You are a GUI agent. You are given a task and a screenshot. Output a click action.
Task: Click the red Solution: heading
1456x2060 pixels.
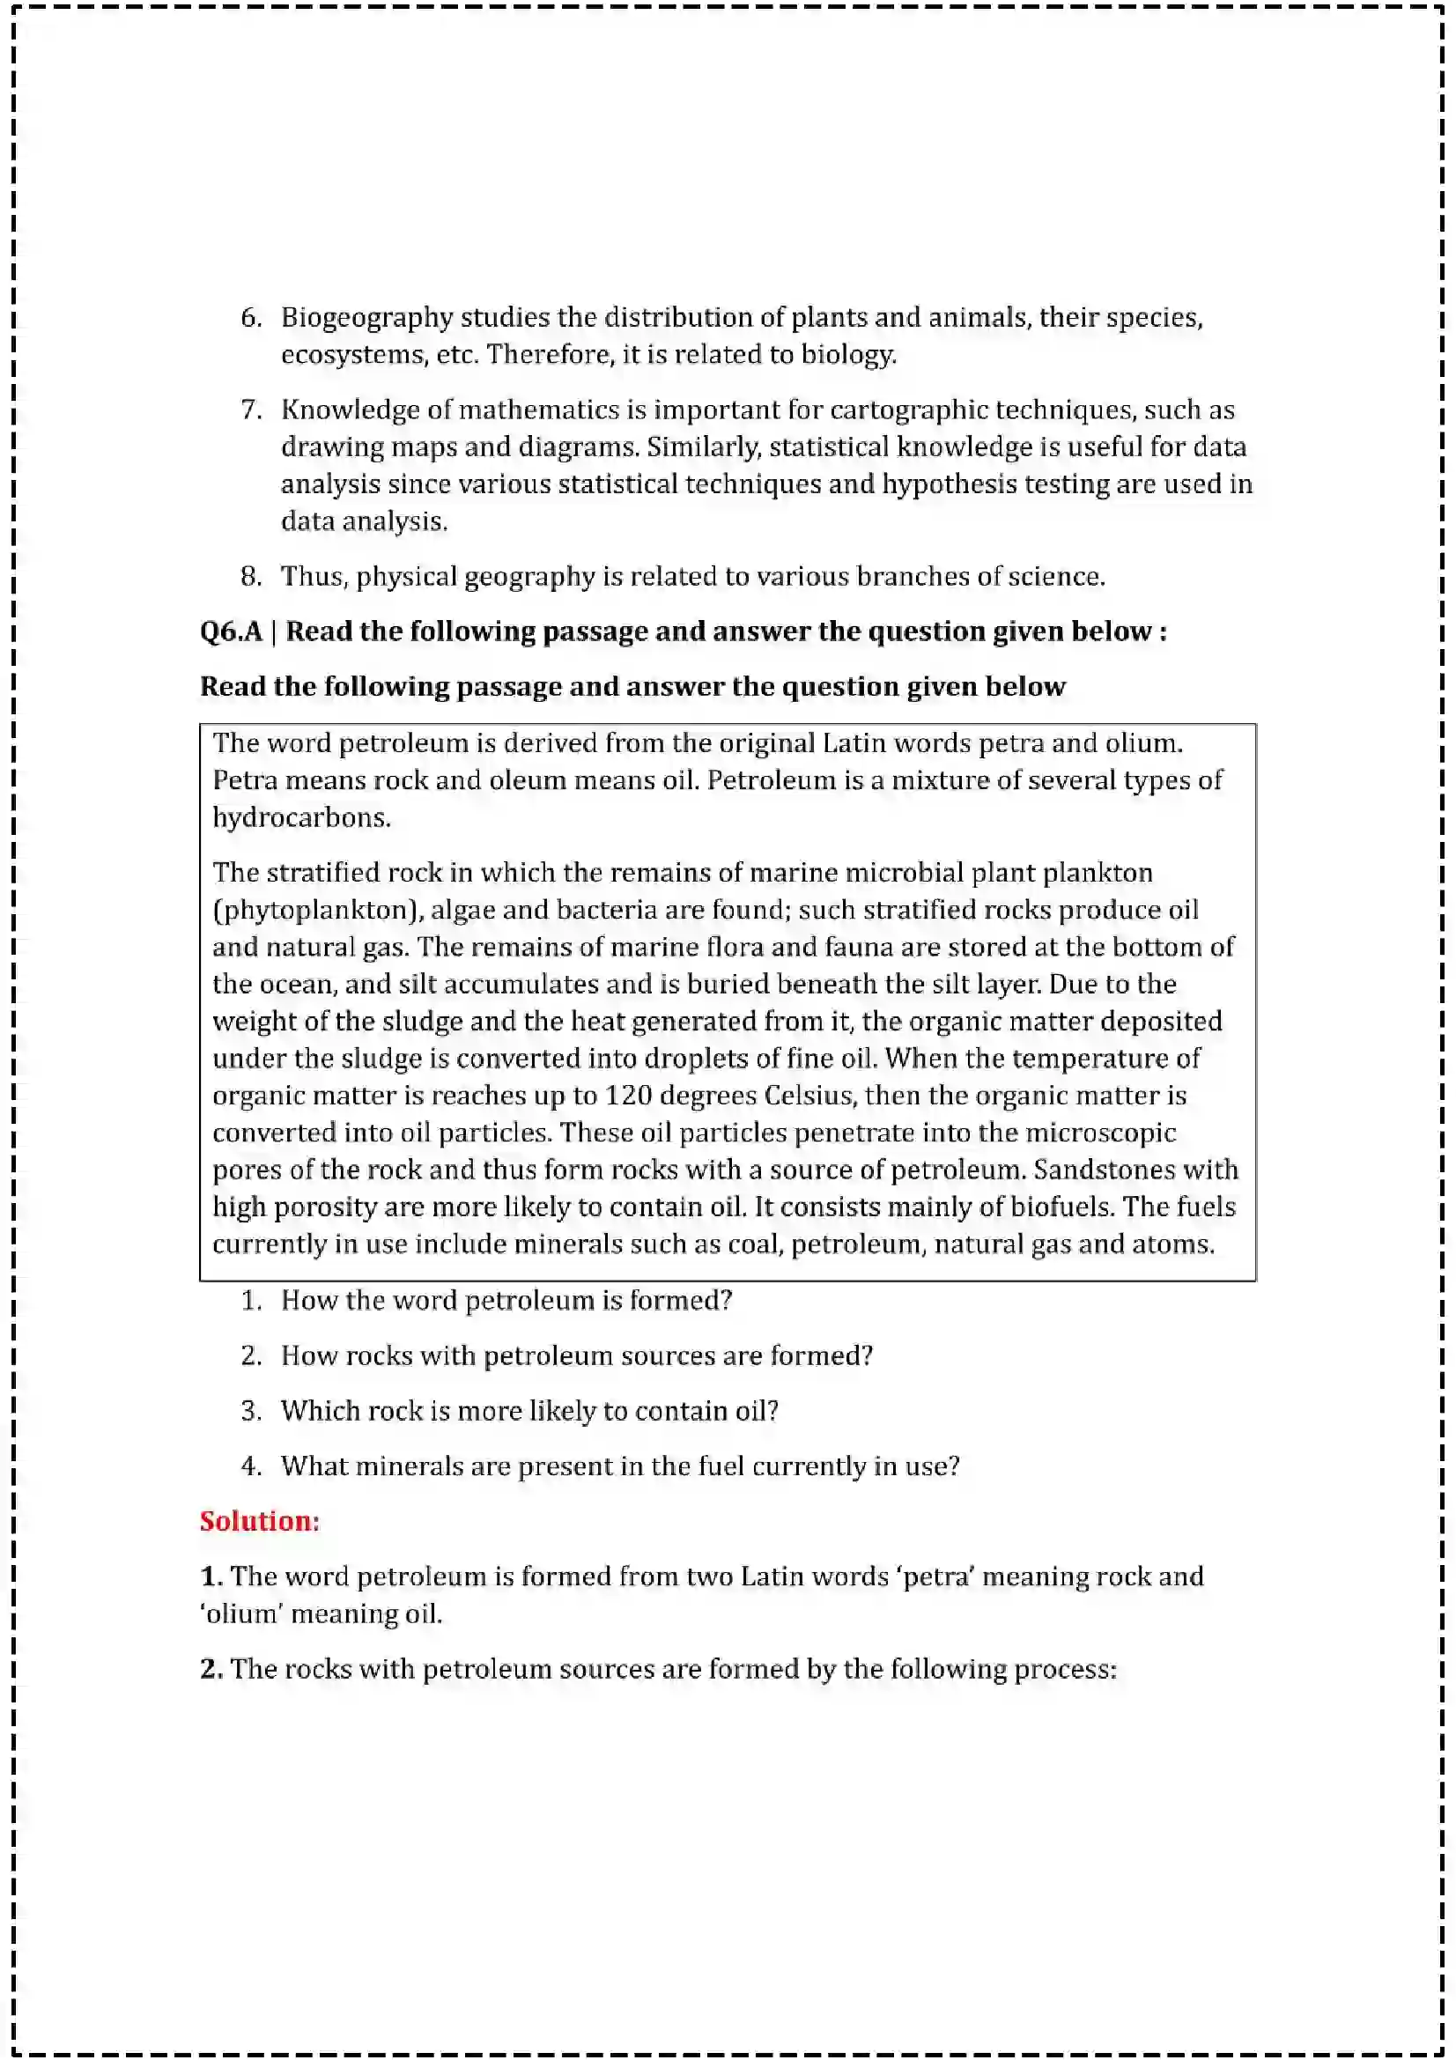point(259,1521)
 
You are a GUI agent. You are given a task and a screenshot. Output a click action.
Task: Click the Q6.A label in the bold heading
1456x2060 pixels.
point(231,631)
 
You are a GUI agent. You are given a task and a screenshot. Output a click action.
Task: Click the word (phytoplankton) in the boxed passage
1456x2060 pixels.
point(318,910)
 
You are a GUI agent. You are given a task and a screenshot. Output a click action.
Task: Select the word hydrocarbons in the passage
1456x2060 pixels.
point(300,817)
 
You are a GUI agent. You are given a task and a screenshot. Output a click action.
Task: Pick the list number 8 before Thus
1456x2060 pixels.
point(250,576)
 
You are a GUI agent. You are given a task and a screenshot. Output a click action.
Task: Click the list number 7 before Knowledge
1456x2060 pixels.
point(250,410)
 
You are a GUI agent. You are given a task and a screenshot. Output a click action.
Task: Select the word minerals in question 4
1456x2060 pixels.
point(408,1466)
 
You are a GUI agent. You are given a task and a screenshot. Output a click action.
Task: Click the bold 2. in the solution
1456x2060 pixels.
point(211,1669)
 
